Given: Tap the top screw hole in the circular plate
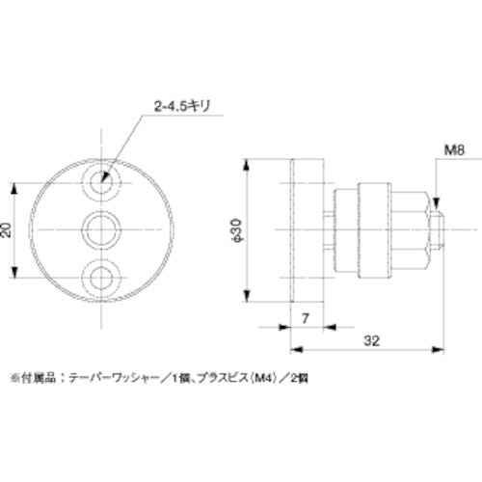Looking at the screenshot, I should (x=102, y=179).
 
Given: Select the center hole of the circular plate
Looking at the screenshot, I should (x=102, y=229).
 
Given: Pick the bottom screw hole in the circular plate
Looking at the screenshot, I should (x=102, y=279).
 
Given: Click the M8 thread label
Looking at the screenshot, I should (x=429, y=150).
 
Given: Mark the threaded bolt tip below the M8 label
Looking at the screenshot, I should (x=439, y=229).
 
